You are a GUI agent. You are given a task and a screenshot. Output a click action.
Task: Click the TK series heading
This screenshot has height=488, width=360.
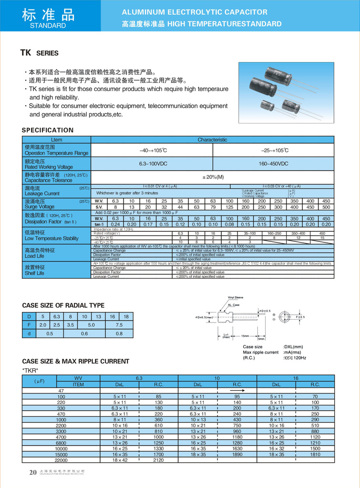[39, 53]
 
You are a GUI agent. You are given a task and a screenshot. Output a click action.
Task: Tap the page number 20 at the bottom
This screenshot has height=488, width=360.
[33, 472]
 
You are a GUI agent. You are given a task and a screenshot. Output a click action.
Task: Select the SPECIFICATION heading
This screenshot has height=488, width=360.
[48, 130]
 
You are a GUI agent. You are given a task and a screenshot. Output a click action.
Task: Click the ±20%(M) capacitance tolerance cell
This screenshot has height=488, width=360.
[213, 177]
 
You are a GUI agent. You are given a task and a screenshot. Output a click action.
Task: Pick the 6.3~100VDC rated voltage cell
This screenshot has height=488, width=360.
[152, 164]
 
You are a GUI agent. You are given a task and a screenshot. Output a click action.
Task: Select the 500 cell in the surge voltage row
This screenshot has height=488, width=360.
[326, 207]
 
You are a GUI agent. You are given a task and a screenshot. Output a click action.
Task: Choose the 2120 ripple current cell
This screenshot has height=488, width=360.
[158, 460]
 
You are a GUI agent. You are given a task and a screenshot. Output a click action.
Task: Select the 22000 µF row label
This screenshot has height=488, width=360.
[61, 460]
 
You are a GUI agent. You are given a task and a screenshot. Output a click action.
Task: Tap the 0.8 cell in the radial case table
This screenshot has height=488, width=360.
[119, 333]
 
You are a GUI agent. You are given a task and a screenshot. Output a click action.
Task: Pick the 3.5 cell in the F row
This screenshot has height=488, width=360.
[71, 325]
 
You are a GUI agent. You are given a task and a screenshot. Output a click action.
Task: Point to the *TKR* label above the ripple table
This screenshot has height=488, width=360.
[31, 370]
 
